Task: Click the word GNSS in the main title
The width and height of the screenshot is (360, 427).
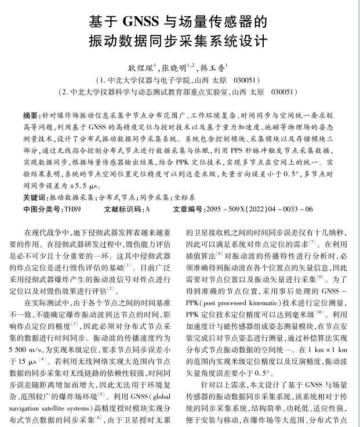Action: pyautogui.click(x=143, y=23)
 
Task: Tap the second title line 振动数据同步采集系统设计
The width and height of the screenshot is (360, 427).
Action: pyautogui.click(x=179, y=42)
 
